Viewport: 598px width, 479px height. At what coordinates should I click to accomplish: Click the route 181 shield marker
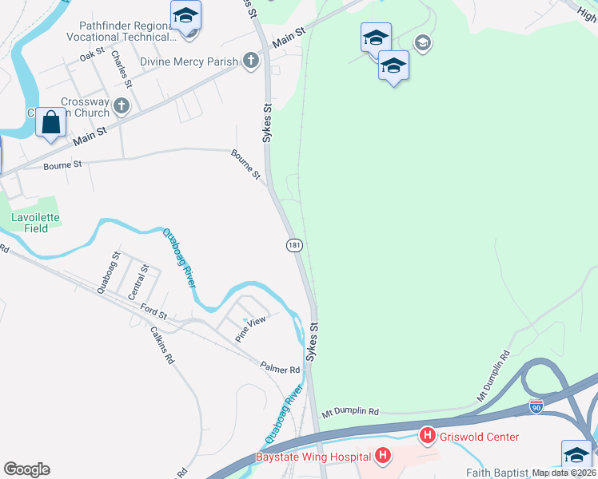point(294,246)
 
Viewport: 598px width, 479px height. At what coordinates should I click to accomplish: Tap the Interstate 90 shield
point(536,406)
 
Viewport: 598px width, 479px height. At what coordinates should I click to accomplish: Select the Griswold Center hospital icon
point(428,436)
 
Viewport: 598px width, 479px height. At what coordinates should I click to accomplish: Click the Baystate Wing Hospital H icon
point(383,456)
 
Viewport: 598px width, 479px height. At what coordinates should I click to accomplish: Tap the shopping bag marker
point(51,123)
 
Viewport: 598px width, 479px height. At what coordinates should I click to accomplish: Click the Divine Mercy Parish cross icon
point(250,61)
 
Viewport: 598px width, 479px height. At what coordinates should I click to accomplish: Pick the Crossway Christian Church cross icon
point(122,105)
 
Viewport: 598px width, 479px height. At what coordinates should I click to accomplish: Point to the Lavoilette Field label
point(35,222)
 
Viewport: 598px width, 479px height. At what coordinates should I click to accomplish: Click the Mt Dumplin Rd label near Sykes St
point(350,412)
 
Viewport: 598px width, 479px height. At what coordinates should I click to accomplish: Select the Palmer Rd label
point(279,368)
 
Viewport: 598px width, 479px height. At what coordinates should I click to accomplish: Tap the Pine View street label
point(249,328)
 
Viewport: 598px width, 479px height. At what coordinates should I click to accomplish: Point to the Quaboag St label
point(108,273)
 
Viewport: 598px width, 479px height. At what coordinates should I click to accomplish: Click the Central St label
point(144,279)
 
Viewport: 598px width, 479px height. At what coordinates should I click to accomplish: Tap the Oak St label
point(91,55)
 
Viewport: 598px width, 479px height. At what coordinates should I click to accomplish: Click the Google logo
point(26,469)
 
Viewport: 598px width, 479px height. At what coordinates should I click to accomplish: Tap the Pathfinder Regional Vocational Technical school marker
point(185,16)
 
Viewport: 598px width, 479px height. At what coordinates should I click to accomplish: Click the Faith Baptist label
point(499,473)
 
